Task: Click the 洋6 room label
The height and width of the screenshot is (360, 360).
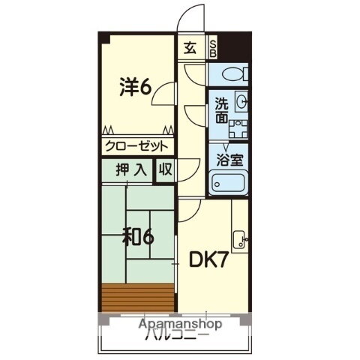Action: (x=135, y=87)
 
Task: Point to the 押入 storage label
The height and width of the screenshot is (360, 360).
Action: (x=131, y=169)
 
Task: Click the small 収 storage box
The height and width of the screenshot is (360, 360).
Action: (x=165, y=169)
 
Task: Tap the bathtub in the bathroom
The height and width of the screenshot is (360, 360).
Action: (x=230, y=182)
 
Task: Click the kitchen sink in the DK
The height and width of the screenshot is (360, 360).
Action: (x=238, y=239)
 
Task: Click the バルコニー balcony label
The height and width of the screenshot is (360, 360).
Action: (x=177, y=334)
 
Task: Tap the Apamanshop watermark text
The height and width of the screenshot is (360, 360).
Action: (x=180, y=323)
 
